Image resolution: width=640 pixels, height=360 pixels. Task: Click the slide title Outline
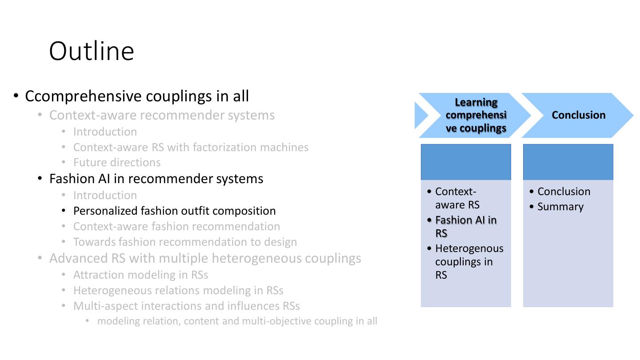click(92, 51)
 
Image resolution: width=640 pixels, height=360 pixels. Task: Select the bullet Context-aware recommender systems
click(162, 115)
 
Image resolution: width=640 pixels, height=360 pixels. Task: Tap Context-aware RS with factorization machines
click(191, 147)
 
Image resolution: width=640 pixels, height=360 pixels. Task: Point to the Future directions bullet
click(117, 163)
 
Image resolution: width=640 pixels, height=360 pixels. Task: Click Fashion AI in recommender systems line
click(156, 179)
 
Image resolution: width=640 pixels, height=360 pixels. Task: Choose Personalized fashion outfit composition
click(174, 211)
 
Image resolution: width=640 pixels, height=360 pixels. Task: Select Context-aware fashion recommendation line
click(176, 226)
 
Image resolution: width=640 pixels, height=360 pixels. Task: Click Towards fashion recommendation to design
click(185, 242)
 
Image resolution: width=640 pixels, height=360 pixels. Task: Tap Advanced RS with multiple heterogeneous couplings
click(205, 258)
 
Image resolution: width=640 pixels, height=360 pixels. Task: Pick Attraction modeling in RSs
click(140, 275)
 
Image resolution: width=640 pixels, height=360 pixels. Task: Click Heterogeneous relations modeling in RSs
click(178, 291)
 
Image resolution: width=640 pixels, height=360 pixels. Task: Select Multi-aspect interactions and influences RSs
click(186, 306)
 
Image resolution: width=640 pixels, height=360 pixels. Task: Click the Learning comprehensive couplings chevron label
click(476, 115)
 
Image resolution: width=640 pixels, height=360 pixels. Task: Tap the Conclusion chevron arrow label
click(578, 115)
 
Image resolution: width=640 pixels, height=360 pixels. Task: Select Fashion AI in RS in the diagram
click(465, 227)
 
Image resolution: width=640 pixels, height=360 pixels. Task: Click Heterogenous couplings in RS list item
click(469, 262)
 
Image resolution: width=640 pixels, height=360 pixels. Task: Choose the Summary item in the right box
click(560, 207)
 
